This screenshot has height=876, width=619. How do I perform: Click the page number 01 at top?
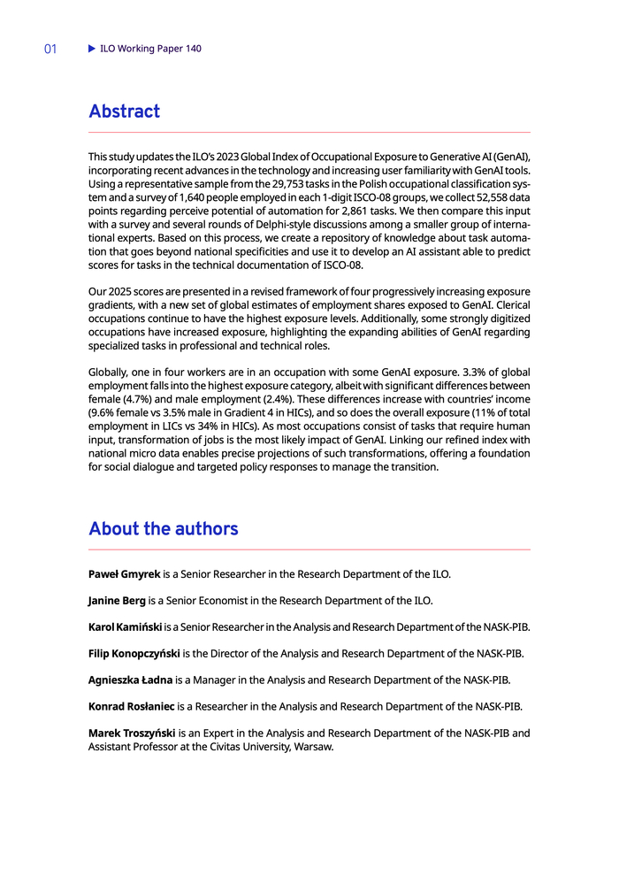click(50, 50)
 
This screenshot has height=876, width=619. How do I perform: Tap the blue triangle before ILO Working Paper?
click(91, 49)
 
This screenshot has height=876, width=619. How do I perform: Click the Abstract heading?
click(124, 111)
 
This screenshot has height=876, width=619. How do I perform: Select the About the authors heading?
click(163, 529)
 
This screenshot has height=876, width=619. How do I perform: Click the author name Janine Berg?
click(117, 601)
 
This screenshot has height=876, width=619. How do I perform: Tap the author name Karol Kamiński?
click(125, 627)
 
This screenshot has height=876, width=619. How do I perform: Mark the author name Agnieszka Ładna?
click(130, 680)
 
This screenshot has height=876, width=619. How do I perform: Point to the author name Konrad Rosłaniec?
click(132, 707)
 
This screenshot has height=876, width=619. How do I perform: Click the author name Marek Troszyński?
click(132, 733)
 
